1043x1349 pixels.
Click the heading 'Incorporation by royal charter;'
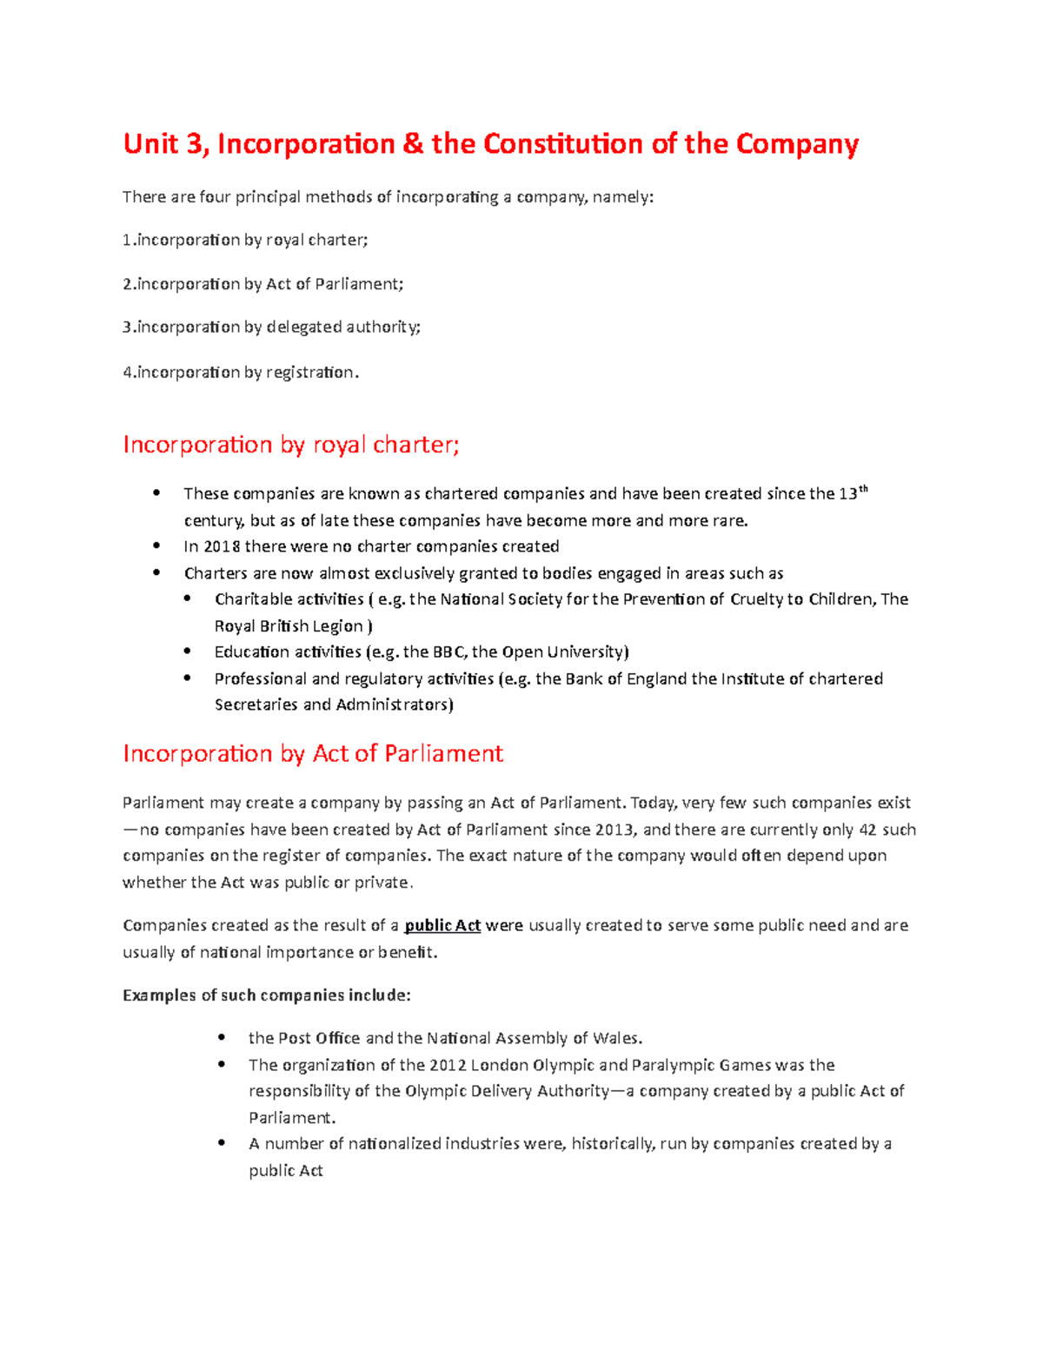(x=291, y=445)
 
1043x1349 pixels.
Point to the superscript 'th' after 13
(x=863, y=489)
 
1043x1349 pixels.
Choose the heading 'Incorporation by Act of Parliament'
(x=313, y=753)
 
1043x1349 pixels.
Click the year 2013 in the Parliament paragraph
(x=615, y=830)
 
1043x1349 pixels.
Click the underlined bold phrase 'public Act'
(x=442, y=926)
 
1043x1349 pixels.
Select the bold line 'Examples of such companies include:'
(x=267, y=995)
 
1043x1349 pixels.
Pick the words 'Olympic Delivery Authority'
(x=507, y=1091)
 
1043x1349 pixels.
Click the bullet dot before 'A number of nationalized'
(x=223, y=1143)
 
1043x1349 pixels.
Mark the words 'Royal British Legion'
(x=289, y=626)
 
